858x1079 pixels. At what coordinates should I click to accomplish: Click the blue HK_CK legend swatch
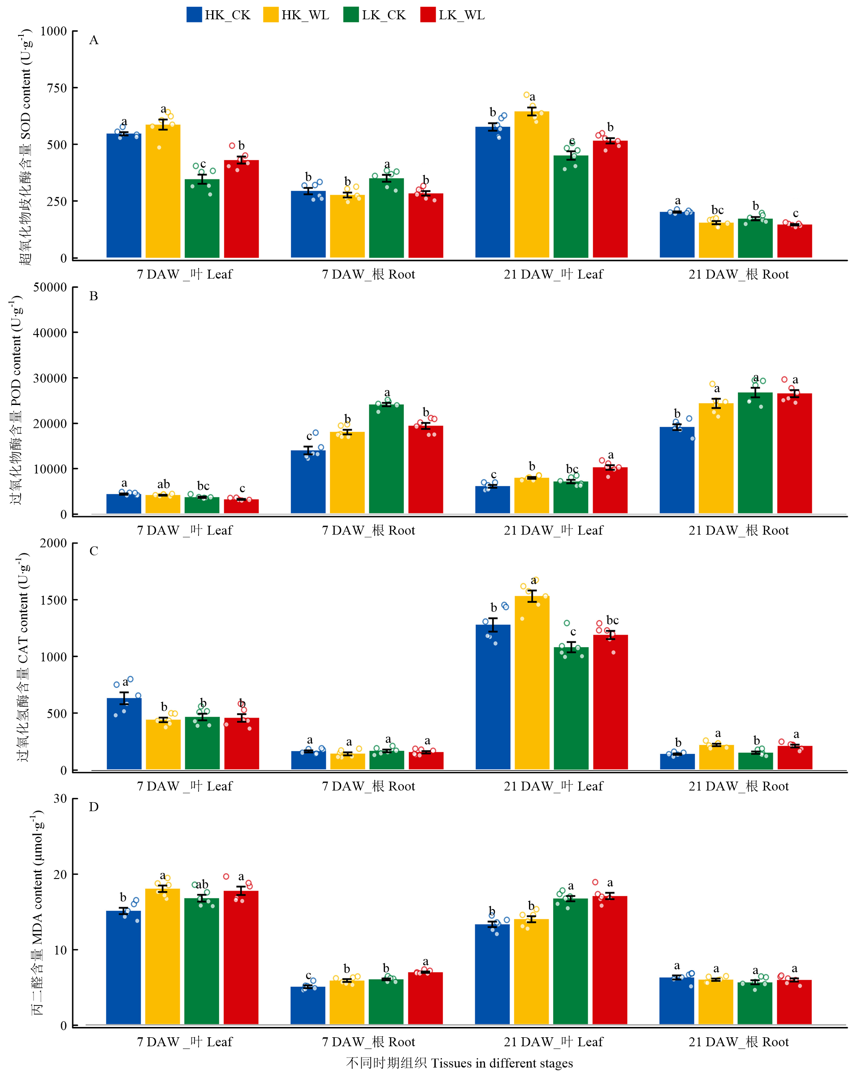194,14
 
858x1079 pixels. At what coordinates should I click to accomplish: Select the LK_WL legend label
461,15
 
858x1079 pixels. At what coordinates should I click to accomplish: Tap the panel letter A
94,40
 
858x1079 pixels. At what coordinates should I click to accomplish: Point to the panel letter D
94,807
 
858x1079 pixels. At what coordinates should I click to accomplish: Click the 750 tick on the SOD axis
56,88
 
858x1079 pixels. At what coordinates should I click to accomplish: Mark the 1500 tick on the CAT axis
53,600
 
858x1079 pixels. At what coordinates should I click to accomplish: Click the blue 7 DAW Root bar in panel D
308,1005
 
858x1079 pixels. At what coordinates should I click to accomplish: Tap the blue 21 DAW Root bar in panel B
677,470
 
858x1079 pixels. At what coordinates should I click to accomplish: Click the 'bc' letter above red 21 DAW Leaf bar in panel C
612,621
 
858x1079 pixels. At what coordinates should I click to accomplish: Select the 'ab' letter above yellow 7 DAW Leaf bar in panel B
164,484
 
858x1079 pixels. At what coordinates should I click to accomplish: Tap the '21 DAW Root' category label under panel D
738,1042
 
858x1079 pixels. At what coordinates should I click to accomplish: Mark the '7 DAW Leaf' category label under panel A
185,274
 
